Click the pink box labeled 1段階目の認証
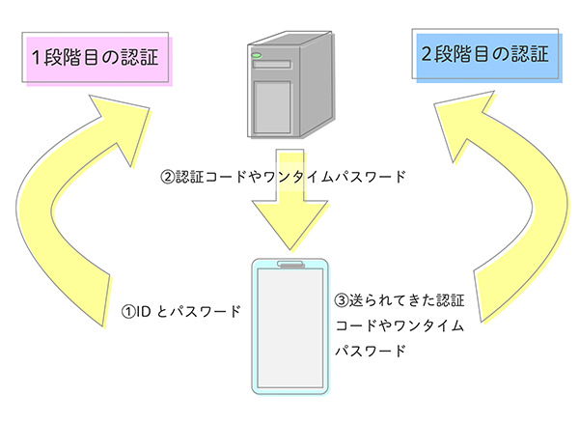pyautogui.click(x=95, y=61)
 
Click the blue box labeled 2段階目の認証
pyautogui.click(x=484, y=55)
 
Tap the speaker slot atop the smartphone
pyautogui.click(x=289, y=263)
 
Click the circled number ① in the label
pyautogui.click(x=127, y=313)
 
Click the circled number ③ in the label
pyautogui.click(x=340, y=301)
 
